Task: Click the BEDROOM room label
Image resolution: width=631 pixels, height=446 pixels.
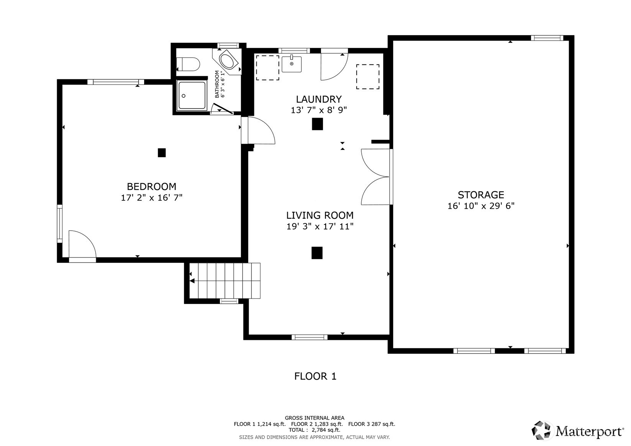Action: click(151, 187)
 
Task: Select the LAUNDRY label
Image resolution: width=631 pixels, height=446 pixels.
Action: click(318, 99)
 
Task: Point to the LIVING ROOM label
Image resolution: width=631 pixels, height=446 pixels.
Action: click(320, 215)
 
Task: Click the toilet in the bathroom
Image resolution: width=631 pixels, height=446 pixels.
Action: click(188, 64)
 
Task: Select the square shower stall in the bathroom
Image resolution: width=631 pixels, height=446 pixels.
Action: click(192, 95)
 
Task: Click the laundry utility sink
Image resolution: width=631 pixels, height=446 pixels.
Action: click(292, 64)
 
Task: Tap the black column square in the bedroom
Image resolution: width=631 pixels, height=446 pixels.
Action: click(162, 152)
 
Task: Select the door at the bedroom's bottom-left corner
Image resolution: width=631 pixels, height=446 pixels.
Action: click(82, 246)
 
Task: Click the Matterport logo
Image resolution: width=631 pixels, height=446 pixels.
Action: click(577, 430)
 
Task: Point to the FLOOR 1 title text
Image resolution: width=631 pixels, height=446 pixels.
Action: click(315, 376)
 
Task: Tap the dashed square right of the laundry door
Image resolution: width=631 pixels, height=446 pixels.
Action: click(368, 77)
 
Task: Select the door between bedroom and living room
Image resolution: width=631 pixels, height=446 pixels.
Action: click(259, 131)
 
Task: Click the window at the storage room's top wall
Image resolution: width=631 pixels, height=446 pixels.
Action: click(547, 38)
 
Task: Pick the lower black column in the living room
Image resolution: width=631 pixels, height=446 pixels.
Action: click(317, 253)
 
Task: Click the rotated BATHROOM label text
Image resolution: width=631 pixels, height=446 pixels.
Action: click(219, 84)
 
